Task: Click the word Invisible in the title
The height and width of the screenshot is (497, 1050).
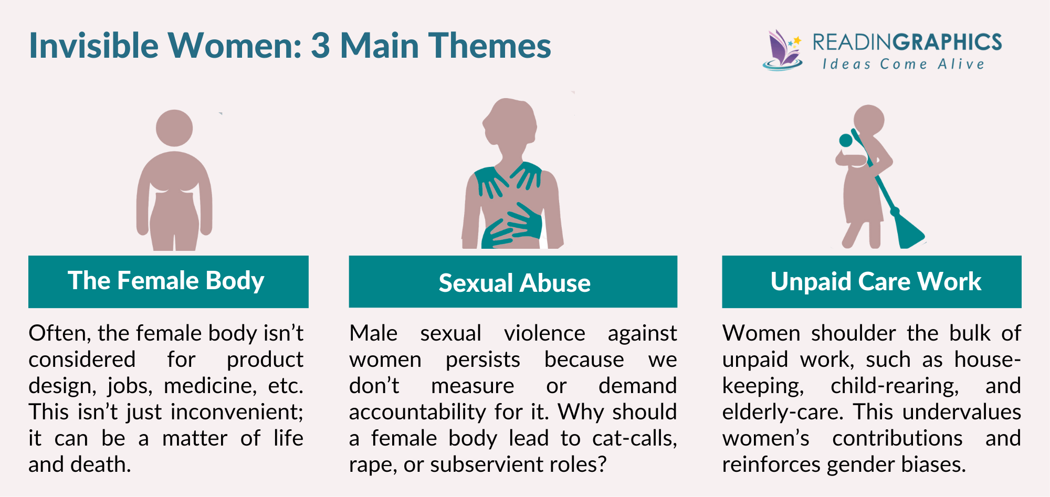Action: [93, 46]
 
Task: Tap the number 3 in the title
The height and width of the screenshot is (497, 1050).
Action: [320, 46]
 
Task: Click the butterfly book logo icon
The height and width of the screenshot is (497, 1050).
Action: [782, 50]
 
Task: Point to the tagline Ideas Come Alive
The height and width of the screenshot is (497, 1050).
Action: [903, 65]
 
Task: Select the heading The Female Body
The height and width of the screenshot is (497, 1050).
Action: [166, 281]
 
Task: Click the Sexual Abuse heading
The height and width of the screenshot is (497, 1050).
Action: [514, 283]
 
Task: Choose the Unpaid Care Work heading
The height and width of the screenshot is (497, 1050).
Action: [875, 282]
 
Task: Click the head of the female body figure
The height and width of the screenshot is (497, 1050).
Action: [174, 128]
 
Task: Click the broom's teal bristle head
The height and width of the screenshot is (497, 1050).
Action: [908, 231]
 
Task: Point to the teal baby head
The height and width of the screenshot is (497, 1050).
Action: [846, 140]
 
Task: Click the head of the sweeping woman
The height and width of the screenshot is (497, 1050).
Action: [869, 120]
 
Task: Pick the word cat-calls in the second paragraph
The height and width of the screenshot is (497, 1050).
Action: [634, 439]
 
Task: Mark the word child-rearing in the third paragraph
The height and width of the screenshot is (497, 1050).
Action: [895, 386]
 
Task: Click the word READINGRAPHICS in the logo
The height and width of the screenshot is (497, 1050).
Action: [907, 43]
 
